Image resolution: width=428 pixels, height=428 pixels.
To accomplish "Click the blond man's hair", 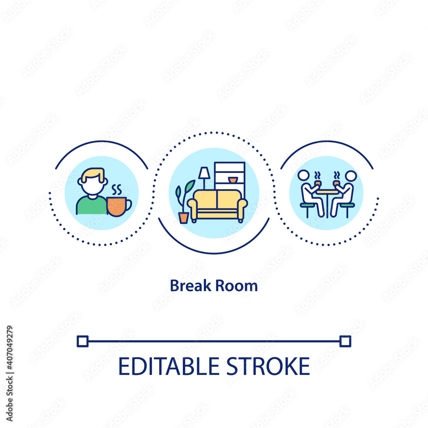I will tap(93, 174).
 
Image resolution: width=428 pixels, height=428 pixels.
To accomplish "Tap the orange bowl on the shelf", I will tap(232, 180).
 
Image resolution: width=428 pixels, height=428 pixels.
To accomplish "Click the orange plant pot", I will tap(184, 217).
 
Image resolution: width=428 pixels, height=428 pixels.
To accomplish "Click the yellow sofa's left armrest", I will tap(193, 208).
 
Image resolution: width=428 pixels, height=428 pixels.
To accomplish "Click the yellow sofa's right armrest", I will tap(242, 208).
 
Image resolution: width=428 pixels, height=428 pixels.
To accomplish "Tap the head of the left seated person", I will tap(303, 175).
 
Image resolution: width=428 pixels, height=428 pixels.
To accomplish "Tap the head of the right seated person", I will tap(351, 175).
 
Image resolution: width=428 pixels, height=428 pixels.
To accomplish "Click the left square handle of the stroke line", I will tap(83, 341).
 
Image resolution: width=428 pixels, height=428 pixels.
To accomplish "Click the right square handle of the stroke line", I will tap(345, 341).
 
